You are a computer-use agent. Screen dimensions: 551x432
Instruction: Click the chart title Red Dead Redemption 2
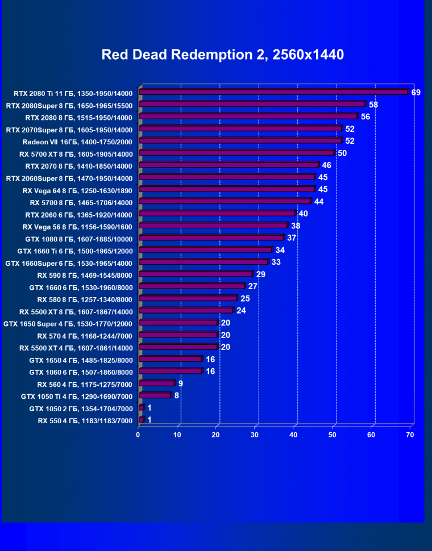[222, 55]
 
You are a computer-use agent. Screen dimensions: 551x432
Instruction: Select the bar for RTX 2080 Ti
[273, 92]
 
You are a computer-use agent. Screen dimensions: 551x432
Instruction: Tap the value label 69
[416, 93]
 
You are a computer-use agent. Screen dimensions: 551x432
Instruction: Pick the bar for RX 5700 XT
[236, 153]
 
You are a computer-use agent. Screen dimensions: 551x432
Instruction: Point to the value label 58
[373, 105]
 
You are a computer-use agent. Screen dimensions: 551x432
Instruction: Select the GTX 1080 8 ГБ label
[78, 239]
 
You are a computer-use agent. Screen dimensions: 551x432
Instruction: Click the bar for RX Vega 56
[213, 226]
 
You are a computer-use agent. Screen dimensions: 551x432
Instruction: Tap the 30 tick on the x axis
[255, 435]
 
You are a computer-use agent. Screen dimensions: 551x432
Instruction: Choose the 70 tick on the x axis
[410, 435]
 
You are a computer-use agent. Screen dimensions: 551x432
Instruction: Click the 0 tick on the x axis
[138, 435]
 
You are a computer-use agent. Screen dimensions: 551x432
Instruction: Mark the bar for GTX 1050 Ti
[155, 395]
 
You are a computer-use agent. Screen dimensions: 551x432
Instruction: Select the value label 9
[180, 383]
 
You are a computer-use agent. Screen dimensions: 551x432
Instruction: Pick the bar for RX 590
[196, 274]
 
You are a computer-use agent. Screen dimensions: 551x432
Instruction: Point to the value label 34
[280, 250]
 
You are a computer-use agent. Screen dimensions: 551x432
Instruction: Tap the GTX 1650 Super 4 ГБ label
[68, 324]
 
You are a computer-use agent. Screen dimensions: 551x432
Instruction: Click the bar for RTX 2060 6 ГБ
[217, 214]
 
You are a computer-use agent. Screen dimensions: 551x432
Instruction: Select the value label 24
[241, 311]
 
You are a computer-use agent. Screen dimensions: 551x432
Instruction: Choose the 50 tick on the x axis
[333, 435]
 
